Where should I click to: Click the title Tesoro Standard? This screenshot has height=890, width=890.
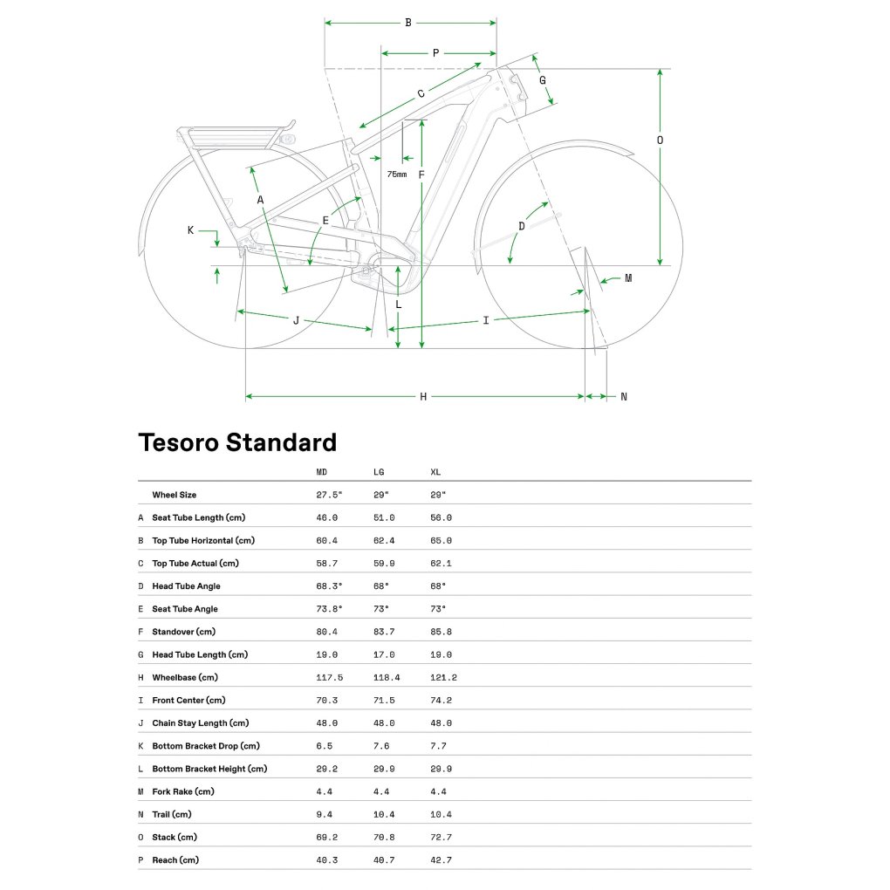237,442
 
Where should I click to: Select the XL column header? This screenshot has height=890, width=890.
435,472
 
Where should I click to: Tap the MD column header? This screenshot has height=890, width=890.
322,472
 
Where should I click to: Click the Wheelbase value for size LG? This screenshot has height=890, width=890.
384,677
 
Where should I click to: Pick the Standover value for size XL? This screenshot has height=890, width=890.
441,632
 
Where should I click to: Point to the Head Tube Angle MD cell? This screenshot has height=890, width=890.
329,586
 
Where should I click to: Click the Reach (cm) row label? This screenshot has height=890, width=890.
175,859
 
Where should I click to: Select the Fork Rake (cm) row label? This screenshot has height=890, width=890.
182,791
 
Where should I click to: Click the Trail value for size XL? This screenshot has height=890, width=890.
441,814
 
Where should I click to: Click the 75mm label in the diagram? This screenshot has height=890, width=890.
396,175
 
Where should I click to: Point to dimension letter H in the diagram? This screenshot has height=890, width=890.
423,397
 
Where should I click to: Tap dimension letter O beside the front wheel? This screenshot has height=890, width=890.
660,140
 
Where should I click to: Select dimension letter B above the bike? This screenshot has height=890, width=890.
407,23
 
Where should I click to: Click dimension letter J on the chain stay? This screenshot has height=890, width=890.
296,320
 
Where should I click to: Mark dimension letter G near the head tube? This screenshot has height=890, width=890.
542,80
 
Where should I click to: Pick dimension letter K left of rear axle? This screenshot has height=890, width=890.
190,230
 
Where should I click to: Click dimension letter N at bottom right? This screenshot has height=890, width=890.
623,397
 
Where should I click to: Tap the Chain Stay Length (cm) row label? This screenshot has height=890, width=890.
200,722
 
